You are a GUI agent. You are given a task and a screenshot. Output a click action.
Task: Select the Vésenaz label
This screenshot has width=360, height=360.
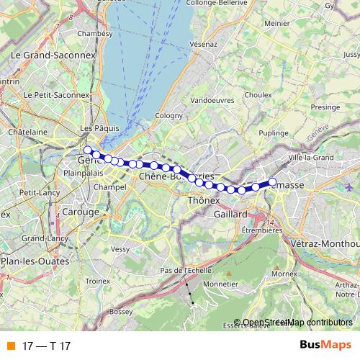[x=203, y=44]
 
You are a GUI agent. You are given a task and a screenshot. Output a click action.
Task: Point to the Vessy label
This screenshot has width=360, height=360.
[x=121, y=248]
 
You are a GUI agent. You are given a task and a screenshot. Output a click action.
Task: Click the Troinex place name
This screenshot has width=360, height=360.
[x=97, y=281]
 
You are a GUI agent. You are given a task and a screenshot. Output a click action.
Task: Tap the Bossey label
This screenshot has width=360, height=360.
[x=116, y=311]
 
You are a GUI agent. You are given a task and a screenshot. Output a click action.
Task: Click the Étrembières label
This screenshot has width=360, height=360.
[x=259, y=230]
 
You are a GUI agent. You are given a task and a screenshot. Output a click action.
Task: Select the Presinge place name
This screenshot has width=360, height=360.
[x=325, y=107]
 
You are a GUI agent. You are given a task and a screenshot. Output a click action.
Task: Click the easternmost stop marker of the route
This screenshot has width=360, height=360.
[x=273, y=181]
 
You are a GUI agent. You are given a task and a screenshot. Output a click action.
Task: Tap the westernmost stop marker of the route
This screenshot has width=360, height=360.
[x=88, y=150]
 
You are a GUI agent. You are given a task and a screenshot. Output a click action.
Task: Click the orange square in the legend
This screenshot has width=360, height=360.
[x=10, y=346]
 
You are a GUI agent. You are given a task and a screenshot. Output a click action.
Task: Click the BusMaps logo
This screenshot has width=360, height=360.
[x=326, y=345]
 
